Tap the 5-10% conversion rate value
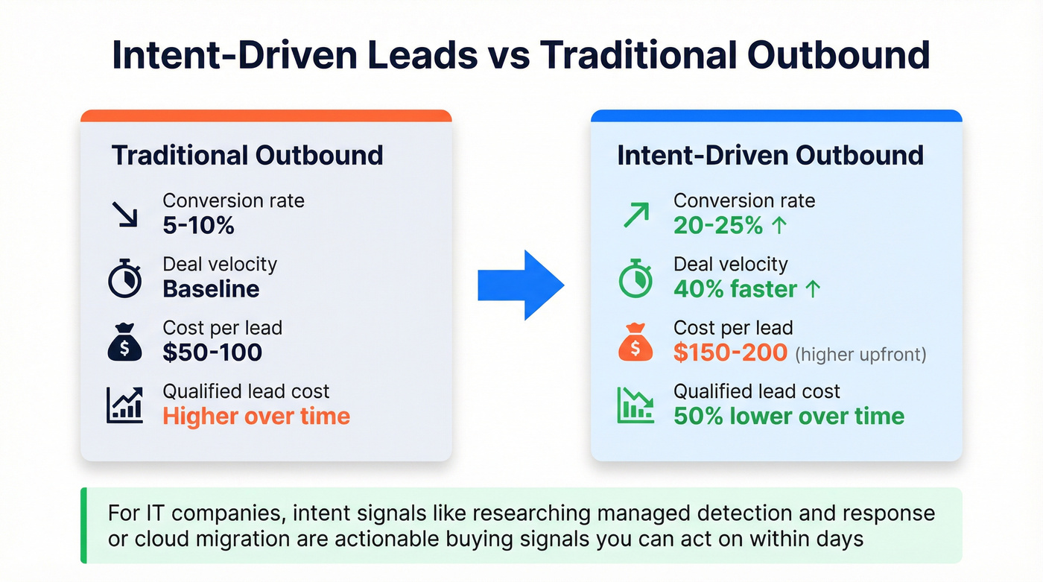(198, 225)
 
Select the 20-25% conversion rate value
(718, 225)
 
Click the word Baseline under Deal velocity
(211, 289)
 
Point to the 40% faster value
(736, 289)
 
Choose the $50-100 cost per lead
(212, 352)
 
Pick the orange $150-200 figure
(730, 352)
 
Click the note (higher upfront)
(860, 354)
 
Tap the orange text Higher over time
(256, 416)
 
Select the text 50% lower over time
(789, 416)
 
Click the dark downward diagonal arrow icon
(124, 213)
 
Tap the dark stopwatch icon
(124, 278)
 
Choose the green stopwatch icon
(635, 278)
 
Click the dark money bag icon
(124, 343)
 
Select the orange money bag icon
(635, 343)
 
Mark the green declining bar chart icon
(635, 405)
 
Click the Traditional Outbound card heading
(247, 155)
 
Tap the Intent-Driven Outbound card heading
(770, 155)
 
